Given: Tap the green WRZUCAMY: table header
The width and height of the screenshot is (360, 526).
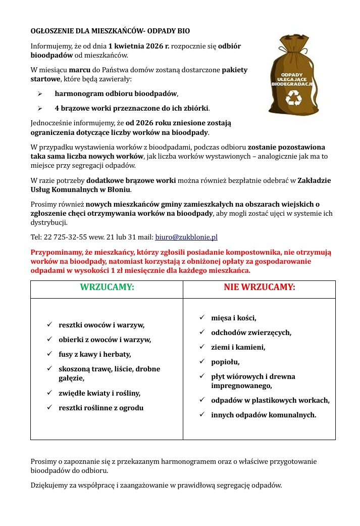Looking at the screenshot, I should (x=107, y=288).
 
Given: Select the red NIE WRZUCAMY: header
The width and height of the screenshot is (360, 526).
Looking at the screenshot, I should (x=259, y=288).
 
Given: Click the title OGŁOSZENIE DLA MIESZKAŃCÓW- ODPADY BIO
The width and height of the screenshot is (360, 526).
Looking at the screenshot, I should (x=110, y=31).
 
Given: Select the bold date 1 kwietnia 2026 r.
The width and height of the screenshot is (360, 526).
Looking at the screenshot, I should (x=139, y=46).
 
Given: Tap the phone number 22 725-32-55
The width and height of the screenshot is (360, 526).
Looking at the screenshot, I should (x=63, y=237).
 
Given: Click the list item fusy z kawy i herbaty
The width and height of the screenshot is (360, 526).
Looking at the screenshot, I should (x=95, y=354).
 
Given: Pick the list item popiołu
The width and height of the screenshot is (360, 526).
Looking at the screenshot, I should (x=225, y=362).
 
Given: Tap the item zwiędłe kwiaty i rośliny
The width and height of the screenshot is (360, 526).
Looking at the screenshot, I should (x=99, y=393).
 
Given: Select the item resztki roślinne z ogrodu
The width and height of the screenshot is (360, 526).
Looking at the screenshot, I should (x=101, y=408).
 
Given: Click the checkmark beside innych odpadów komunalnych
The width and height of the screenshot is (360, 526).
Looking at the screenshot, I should (x=201, y=414).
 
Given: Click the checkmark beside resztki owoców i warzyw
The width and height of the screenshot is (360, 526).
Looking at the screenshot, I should (x=49, y=324).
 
